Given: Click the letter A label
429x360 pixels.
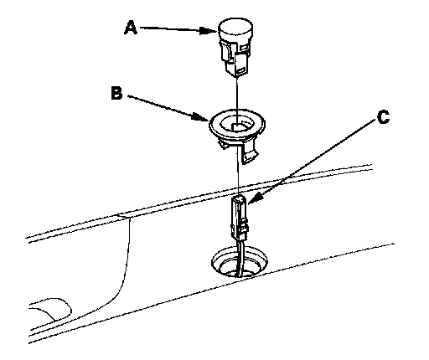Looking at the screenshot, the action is click(131, 28).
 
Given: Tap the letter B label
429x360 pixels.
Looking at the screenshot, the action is click(116, 93).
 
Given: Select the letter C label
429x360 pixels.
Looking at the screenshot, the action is click(383, 116).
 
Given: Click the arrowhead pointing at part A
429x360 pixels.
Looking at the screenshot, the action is click(209, 30).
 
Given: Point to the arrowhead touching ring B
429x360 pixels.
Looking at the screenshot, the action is click(200, 116).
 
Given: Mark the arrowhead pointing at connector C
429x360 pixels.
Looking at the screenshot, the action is click(255, 198).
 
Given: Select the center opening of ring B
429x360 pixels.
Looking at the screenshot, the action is click(237, 125).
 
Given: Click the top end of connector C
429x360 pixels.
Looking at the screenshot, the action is click(239, 198).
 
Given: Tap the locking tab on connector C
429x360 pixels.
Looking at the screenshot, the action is click(244, 226).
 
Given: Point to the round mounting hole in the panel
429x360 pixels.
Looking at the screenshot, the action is click(240, 262).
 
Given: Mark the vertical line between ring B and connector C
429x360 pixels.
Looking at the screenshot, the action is click(238, 170).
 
